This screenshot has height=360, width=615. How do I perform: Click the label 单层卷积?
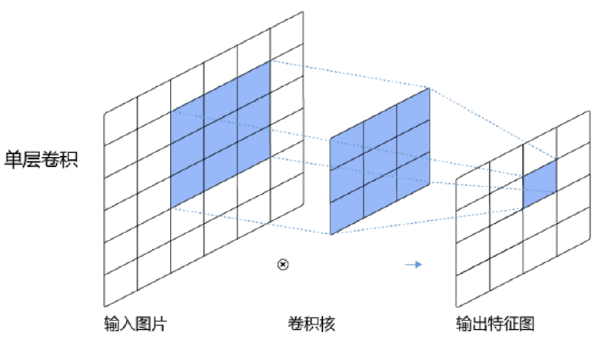42,159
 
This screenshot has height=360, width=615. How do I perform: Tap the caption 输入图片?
136,324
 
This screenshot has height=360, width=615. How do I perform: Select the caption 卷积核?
312,324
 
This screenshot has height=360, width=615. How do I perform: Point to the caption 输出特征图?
495,324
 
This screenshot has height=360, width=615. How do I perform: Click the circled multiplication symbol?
283,265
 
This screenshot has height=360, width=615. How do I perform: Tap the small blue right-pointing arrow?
414,265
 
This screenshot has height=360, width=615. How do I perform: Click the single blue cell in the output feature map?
540,184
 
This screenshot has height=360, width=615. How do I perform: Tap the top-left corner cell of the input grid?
121,122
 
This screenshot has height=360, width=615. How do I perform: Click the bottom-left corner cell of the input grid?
121,282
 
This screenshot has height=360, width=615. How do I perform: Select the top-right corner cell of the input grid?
287,36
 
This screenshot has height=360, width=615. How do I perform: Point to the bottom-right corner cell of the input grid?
287,197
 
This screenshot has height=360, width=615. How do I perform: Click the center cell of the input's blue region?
221,135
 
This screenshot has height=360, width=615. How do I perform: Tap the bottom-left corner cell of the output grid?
473,282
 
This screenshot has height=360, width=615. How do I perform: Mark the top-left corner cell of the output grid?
473,185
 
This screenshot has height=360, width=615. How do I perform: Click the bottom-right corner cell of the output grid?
573,232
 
